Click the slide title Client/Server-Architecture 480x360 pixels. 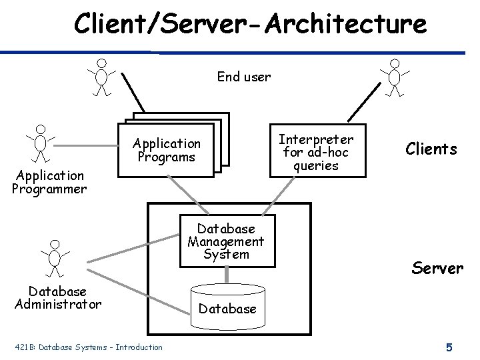[250, 24]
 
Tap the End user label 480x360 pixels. [244, 77]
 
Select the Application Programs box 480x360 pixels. [166, 151]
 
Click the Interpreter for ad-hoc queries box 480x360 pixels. [316, 151]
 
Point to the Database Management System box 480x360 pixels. [227, 241]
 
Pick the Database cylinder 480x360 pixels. [227, 305]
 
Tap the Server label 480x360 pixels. [437, 269]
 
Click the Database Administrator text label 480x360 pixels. [57, 298]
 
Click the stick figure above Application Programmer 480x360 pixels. [41, 143]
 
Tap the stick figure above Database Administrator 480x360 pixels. [55, 257]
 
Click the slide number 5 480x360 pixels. [449, 347]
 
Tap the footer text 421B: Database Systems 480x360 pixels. [87, 347]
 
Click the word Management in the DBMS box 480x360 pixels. [226, 241]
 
